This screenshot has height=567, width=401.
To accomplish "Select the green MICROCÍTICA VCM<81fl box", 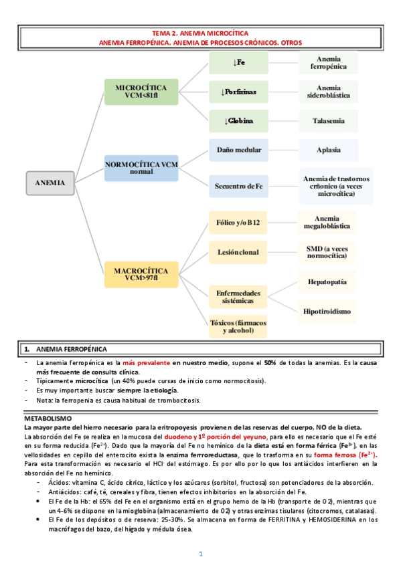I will (x=141, y=92).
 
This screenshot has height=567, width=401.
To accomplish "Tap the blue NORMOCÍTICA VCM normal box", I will (x=141, y=167).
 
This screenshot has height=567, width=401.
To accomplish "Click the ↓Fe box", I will (x=238, y=63).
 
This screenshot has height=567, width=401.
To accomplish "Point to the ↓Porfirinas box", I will (x=238, y=92).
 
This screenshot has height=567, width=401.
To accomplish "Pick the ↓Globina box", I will (x=238, y=121).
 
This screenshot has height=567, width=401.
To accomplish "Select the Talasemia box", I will (x=328, y=121).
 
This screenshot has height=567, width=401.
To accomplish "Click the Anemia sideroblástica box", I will (x=328, y=92).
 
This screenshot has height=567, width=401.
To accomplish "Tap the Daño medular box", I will (x=238, y=150).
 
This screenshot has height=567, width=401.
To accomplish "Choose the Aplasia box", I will (x=328, y=150).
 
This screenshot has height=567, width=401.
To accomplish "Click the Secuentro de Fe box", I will (x=238, y=185).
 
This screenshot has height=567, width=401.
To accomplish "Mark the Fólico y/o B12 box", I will (x=238, y=222).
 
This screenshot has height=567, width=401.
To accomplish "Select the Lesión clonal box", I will (x=238, y=252).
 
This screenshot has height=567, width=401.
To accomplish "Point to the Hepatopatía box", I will (x=328, y=282).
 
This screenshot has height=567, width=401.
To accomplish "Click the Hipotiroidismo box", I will (x=328, y=311).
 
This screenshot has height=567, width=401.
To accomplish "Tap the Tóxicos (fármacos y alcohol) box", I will (x=238, y=326).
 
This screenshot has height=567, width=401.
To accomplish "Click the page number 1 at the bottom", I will (x=200, y=554).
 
